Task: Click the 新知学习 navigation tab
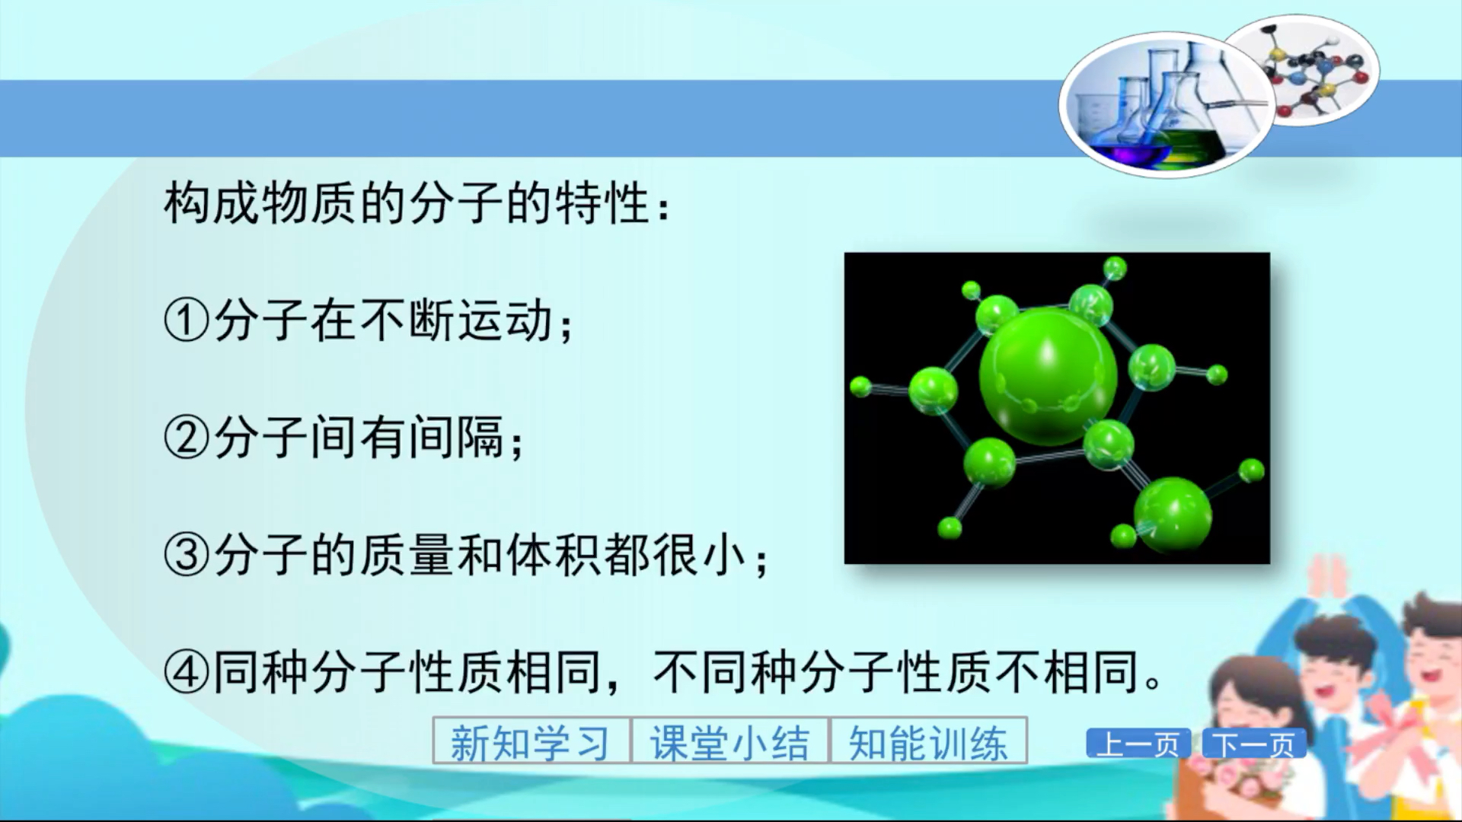[531, 741]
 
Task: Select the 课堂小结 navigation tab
[729, 741]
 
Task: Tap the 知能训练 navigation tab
[928, 741]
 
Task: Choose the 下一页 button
[1253, 744]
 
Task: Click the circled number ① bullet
[186, 320]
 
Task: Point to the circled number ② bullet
[186, 438]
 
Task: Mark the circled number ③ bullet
[186, 555]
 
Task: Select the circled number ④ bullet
[186, 672]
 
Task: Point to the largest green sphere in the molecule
[1048, 375]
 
